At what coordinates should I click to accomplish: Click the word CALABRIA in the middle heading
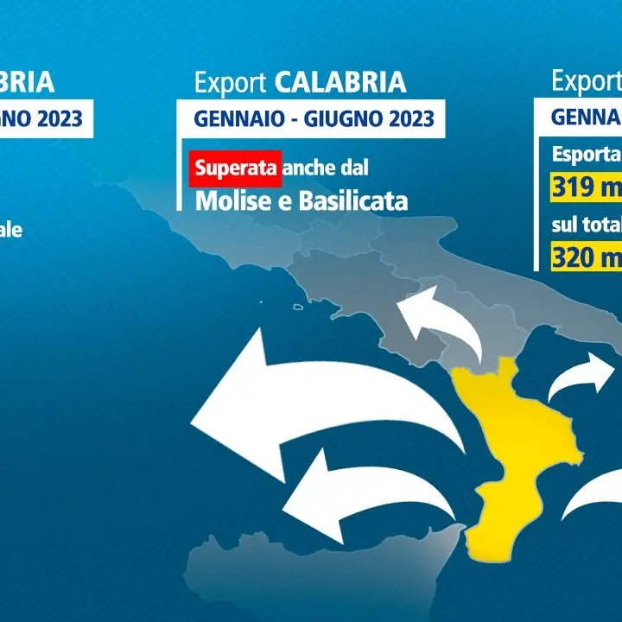coord(340,82)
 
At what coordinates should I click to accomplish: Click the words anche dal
coord(331,168)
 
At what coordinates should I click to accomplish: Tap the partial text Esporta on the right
coord(586,155)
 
